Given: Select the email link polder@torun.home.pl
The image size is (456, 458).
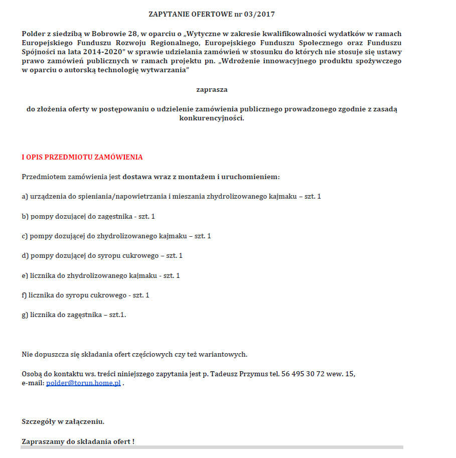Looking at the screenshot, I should tap(84, 383).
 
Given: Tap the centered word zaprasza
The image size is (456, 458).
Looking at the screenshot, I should tap(212, 89).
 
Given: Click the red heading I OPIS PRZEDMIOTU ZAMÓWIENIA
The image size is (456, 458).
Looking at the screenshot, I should tap(82, 157).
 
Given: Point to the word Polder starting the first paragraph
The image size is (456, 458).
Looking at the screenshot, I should tap(33, 34).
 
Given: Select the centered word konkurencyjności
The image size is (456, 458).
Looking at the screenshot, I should tap(212, 118).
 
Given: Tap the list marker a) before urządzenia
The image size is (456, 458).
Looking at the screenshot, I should tap(25, 196).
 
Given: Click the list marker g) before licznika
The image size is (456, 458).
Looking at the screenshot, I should tap(25, 315).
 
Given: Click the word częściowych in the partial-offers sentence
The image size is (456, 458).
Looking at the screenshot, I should tap(156, 354).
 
